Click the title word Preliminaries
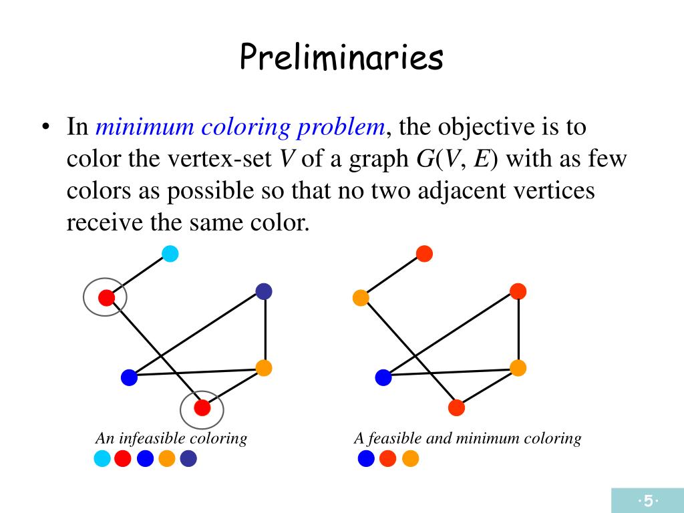coord(341,57)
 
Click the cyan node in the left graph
coord(170,254)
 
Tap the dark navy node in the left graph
coord(264,291)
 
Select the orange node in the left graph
coord(264,367)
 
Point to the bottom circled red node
coord(202,407)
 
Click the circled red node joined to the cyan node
coord(106,298)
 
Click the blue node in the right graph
coord(383,377)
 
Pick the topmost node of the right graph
coord(424,254)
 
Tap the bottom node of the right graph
coord(456,407)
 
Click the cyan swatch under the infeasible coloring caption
coord(102,459)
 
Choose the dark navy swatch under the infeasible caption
coord(188,459)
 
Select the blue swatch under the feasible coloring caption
coord(366,459)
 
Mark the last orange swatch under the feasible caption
coord(410,459)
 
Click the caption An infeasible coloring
coord(171,438)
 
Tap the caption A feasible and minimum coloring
coord(467,438)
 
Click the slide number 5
coord(647,501)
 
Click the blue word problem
coord(346,127)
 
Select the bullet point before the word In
coord(45,127)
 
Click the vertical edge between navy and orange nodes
coord(265,329)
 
